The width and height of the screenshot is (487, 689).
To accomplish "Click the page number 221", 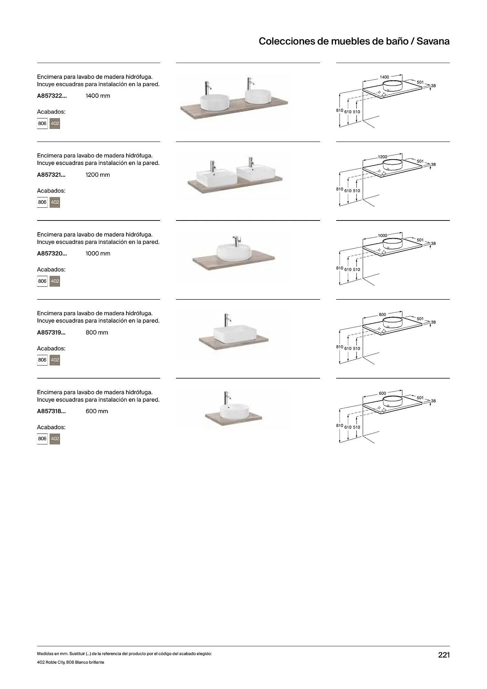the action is (x=444, y=655).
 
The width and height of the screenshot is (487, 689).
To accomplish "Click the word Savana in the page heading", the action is (x=433, y=41).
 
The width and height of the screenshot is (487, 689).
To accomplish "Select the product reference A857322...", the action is (x=52, y=96).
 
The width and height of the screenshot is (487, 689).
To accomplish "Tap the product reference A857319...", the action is (x=51, y=332).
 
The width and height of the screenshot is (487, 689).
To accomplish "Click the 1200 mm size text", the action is (x=98, y=175).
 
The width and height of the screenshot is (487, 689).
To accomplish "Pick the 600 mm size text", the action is (x=97, y=411).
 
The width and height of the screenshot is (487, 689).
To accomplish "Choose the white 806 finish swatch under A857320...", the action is (x=42, y=281).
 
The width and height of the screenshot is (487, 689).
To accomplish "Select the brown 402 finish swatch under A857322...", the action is (x=55, y=123).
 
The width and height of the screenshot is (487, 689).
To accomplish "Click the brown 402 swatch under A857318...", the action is (x=55, y=439).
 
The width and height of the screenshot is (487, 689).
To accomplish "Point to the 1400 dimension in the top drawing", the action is (x=384, y=77).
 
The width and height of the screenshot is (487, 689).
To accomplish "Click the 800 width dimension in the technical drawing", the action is (x=382, y=315).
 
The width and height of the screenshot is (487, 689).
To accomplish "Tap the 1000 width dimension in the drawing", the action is (x=382, y=236).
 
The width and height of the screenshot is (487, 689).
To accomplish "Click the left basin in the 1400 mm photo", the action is (x=214, y=101).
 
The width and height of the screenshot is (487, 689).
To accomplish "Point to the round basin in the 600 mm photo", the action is (x=234, y=411).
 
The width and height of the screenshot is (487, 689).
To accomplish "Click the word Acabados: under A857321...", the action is (x=51, y=191).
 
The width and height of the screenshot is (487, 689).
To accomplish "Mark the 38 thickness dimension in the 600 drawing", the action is (x=433, y=401).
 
